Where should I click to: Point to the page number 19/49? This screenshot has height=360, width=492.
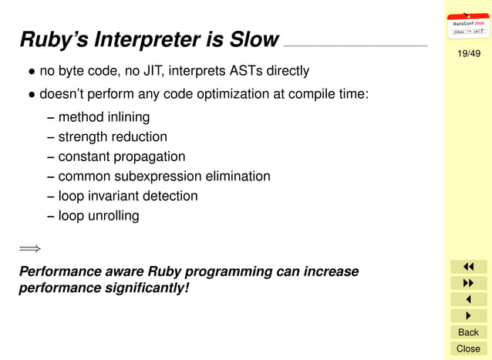tap(468, 53)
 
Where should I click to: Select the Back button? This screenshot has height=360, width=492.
tap(468, 332)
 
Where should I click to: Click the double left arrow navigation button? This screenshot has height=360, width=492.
tap(468, 267)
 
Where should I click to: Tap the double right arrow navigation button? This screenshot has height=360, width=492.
tap(468, 283)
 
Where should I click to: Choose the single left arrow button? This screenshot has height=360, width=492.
tap(468, 299)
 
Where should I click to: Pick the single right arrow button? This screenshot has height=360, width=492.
tap(468, 315)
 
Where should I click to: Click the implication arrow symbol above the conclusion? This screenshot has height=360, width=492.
tap(29, 248)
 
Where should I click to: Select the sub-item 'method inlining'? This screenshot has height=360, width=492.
tap(103, 117)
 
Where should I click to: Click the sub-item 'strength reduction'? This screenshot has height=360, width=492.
tap(113, 136)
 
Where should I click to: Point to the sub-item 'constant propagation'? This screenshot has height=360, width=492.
tap(122, 156)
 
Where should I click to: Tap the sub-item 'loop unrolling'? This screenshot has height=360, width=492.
tap(99, 216)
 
